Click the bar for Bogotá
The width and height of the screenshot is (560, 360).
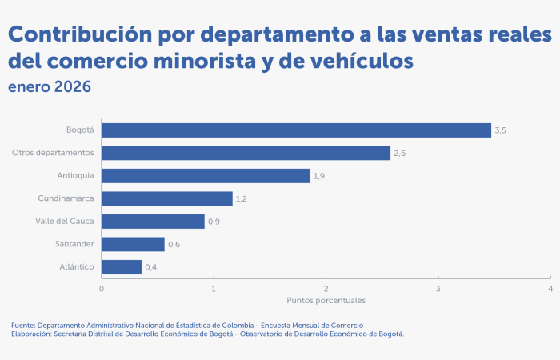[296, 130]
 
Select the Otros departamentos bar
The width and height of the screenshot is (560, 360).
[246, 153]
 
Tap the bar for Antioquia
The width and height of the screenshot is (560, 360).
[206, 176]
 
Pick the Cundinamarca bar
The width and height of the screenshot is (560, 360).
[167, 198]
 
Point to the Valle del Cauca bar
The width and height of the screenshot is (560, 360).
[153, 222]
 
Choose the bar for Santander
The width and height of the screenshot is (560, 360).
[133, 244]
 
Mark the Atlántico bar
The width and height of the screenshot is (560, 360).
[122, 267]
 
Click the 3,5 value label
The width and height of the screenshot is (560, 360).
[501, 130]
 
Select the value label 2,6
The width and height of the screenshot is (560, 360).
[400, 153]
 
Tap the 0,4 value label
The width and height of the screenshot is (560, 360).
[151, 267]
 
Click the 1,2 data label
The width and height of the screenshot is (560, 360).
[242, 198]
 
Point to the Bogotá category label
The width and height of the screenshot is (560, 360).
[80, 130]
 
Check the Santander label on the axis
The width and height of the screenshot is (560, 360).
[76, 244]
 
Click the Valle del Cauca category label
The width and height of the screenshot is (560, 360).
[65, 222]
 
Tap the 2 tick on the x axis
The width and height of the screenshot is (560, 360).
[326, 288]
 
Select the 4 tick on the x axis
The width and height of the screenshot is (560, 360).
[550, 288]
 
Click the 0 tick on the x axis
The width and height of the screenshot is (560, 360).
[102, 288]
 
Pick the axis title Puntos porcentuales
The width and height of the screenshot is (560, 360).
[326, 301]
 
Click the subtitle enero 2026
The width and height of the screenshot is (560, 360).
[49, 86]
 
